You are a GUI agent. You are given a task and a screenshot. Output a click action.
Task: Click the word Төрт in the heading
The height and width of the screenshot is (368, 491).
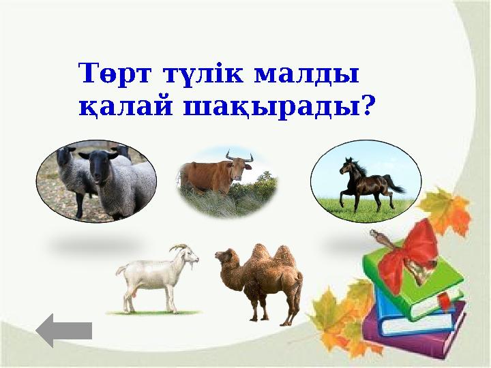click(x=115, y=73)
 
